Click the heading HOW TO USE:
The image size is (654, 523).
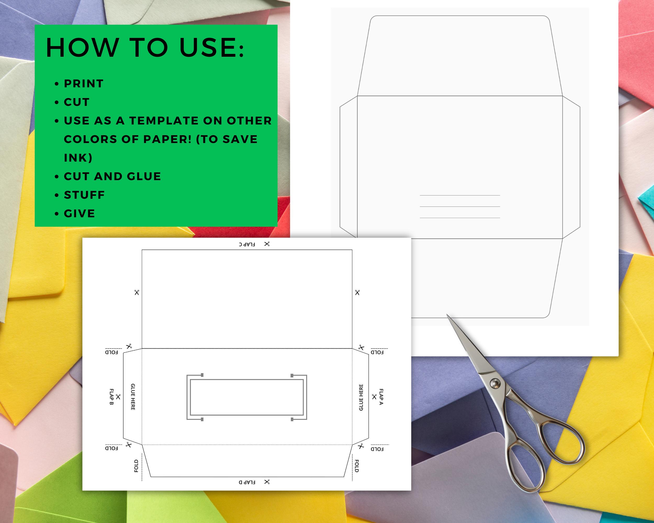145,48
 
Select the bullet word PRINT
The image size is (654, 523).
84,84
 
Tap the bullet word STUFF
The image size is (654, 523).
84,195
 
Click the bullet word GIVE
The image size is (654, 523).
80,213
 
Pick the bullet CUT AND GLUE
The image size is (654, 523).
112,177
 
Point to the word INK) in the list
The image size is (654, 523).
78,158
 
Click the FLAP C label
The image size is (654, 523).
247,244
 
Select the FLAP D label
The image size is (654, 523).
247,482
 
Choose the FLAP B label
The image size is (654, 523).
111,397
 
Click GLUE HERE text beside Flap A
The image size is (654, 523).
361,397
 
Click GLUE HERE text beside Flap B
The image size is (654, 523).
133,397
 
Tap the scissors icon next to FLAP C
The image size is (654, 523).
267,244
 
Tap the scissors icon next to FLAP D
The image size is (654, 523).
267,482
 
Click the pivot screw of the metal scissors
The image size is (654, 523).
495,384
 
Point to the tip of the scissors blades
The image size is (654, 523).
447,315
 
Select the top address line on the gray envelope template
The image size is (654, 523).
460,195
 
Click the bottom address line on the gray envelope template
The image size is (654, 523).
460,218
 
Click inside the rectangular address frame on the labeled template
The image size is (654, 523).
247,397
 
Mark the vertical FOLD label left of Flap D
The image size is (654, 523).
136,466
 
